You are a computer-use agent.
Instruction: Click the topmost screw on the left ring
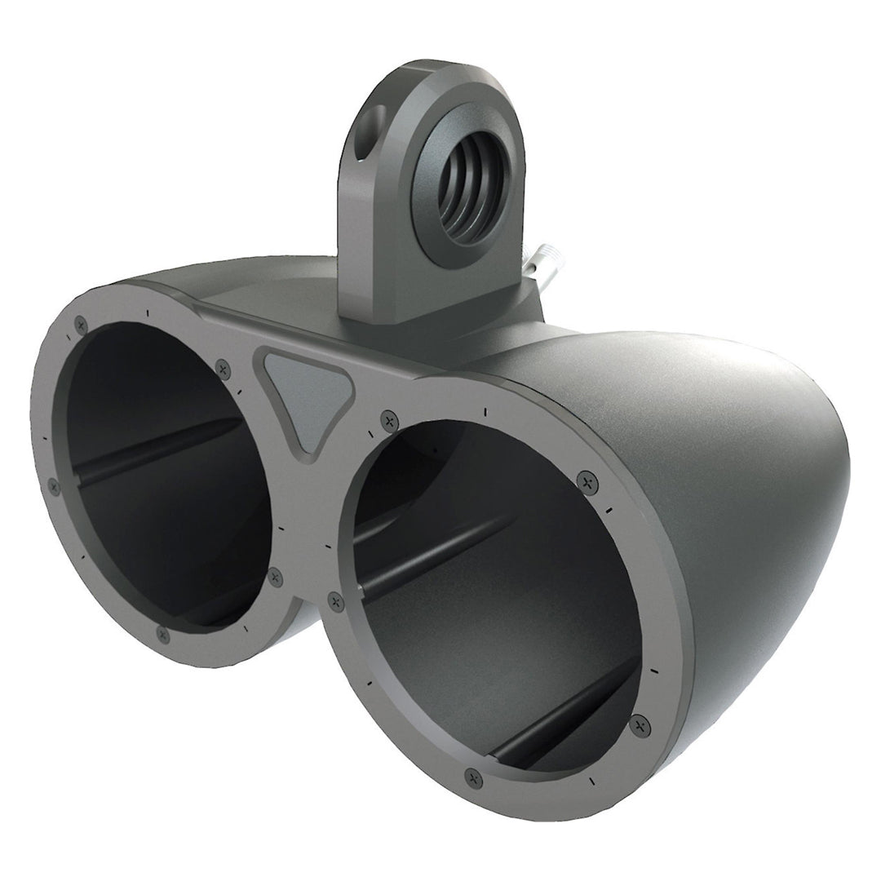(80, 325)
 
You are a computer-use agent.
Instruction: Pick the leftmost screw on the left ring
(54, 487)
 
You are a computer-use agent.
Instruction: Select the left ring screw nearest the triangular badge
(223, 370)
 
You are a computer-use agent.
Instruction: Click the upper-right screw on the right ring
(584, 478)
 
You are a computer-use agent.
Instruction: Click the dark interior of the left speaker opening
(155, 522)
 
